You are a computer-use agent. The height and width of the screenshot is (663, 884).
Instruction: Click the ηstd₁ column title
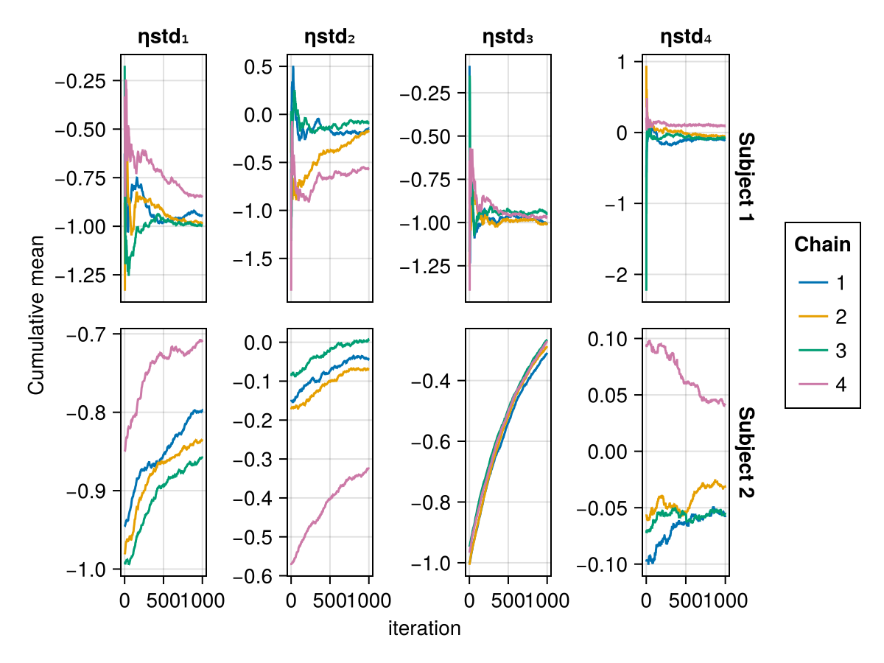[164, 37]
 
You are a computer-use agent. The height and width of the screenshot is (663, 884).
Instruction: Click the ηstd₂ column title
[330, 37]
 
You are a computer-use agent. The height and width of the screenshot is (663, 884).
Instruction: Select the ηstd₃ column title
[508, 37]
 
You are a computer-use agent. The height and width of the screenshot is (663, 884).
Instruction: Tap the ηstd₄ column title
[686, 37]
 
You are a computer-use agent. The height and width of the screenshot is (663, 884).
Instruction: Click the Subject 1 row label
[746, 178]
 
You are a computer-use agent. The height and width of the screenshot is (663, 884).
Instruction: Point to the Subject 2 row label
[746, 452]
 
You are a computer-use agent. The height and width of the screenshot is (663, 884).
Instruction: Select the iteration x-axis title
[424, 628]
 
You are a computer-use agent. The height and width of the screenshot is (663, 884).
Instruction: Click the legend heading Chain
[822, 245]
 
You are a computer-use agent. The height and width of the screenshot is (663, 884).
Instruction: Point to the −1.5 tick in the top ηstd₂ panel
[258, 259]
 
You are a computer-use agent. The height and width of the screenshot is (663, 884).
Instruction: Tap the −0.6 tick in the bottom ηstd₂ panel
[255, 575]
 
